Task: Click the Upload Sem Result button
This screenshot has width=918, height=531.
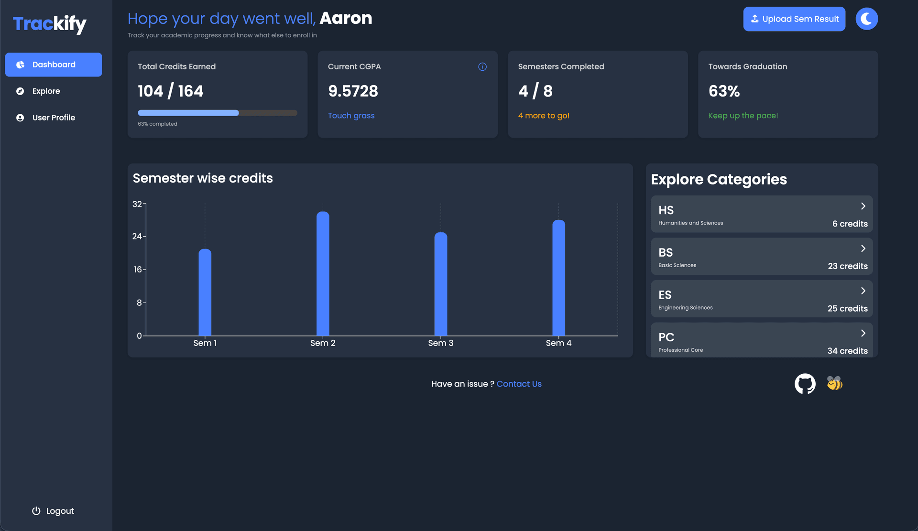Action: point(794,19)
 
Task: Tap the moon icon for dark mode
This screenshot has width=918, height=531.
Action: point(866,19)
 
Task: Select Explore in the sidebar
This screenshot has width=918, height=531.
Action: point(46,91)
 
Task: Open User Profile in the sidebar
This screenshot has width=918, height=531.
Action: point(53,118)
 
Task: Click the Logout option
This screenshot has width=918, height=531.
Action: point(53,511)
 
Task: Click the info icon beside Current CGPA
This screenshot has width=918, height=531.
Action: point(482,67)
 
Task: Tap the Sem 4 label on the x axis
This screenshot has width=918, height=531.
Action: point(558,343)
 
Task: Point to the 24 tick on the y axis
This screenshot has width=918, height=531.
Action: point(137,237)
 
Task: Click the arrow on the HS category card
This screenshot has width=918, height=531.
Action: point(863,206)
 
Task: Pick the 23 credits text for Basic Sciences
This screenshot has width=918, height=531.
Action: point(847,266)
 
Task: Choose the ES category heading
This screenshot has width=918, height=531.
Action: point(665,295)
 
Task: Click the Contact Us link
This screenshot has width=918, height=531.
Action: point(519,384)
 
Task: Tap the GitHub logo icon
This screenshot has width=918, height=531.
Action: point(805,384)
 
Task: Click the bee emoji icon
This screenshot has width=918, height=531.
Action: point(834,383)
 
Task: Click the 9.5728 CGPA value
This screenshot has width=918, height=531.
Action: point(353,91)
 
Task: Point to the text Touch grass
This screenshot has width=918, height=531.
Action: point(351,116)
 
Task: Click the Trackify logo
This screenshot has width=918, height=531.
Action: point(50,24)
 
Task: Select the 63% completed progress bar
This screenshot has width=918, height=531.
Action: point(217,113)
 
